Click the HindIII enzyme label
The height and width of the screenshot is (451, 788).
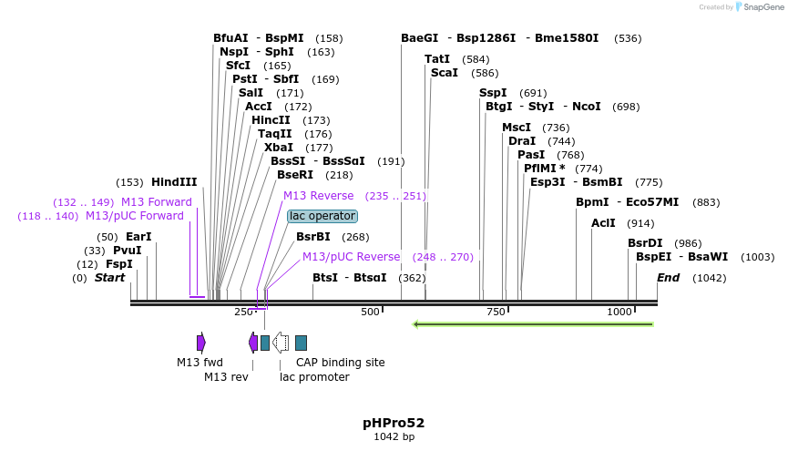174,182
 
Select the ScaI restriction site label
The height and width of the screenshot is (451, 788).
445,73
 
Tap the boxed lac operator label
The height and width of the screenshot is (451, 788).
322,216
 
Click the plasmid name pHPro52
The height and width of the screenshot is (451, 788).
394,423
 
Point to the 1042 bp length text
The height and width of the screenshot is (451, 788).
394,437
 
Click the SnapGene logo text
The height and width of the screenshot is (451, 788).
761,6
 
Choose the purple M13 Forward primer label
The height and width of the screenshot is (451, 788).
157,202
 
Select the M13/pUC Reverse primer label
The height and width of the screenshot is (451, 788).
351,257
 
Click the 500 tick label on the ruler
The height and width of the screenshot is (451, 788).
370,312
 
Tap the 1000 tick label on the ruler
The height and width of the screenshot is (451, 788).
619,312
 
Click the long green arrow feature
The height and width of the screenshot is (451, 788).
533,323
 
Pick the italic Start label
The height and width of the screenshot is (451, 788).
110,278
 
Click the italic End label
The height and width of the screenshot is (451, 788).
669,278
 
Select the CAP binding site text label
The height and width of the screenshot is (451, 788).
341,363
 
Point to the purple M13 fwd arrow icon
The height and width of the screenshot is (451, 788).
201,343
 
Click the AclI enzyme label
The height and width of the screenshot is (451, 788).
603,223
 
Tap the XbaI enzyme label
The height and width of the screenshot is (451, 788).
279,148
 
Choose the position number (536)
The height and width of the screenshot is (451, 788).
628,38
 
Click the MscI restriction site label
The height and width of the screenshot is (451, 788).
517,128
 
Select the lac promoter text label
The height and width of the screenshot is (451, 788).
314,377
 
